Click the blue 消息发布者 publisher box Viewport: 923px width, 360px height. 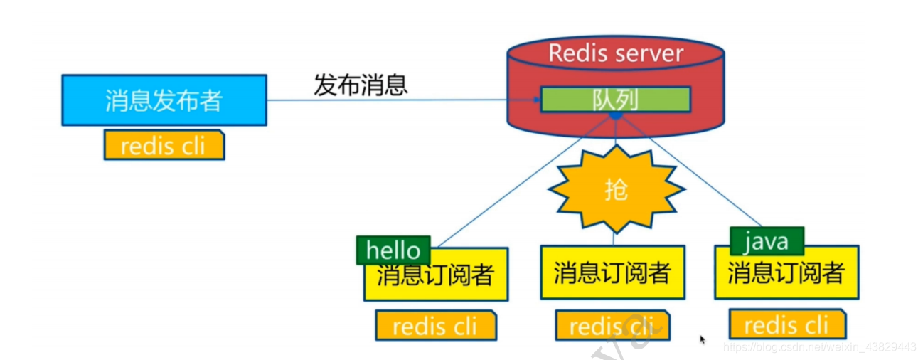tap(164, 100)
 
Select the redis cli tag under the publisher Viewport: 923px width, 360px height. tap(164, 145)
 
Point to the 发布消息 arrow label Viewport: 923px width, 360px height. tap(361, 85)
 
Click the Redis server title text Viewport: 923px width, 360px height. tap(616, 53)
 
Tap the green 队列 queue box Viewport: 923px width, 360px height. tap(616, 100)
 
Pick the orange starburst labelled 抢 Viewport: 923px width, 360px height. tap(616, 189)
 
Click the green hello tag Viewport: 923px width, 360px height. tap(393, 250)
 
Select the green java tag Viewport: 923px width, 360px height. tap(767, 241)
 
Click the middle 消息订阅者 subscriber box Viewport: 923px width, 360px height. tap(612, 272)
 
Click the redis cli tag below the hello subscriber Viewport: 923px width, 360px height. tap(435, 327)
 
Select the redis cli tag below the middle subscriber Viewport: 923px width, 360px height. tap(612, 326)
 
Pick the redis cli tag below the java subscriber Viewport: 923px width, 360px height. tap(787, 325)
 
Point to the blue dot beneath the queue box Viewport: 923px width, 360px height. tap(616, 115)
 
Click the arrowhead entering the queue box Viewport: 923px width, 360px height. tap(535, 100)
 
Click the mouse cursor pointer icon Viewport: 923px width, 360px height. tap(703, 340)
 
